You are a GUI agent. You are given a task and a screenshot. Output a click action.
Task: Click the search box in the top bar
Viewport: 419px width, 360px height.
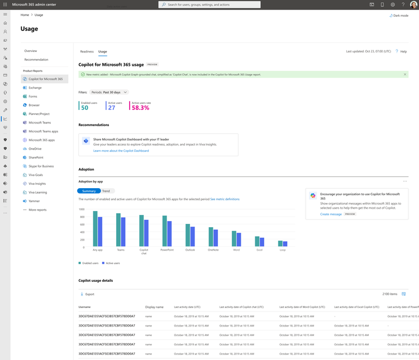point(209,4)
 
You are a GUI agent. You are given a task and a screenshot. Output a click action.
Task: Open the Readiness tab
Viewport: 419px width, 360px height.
point(87,51)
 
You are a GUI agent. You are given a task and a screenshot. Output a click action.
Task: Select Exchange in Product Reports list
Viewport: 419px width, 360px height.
point(35,88)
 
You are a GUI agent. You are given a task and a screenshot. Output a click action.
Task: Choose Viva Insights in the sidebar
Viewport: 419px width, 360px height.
point(37,184)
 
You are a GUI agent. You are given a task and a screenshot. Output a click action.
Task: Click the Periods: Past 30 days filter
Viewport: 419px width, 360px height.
point(109,92)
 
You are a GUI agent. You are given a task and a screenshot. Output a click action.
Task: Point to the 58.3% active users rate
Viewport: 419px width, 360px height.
point(140,108)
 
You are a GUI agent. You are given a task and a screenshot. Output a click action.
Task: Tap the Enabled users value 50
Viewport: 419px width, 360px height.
point(84,108)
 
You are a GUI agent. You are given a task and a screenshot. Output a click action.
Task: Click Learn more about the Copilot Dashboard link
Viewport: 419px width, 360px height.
point(121,151)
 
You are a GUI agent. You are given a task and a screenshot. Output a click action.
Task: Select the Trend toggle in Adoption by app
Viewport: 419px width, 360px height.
point(106,191)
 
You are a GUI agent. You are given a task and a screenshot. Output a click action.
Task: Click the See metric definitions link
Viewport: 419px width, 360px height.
point(225,199)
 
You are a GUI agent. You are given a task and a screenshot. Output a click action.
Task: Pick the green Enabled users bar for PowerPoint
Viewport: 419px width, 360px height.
point(165,231)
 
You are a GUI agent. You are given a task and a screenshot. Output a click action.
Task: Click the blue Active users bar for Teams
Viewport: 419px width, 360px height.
point(123,232)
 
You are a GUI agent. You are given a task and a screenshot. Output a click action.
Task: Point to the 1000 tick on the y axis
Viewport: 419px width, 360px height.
point(82,209)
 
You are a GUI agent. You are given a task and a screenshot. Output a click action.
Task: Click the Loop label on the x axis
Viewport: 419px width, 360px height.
point(282,250)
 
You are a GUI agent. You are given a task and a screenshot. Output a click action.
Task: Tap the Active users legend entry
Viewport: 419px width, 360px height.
point(113,262)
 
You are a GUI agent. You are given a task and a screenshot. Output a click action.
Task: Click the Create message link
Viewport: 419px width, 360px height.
point(331,214)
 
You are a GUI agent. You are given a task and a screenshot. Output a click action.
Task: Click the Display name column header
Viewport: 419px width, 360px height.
point(154,306)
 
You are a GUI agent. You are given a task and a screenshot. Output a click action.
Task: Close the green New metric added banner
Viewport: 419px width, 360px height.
point(405,74)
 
